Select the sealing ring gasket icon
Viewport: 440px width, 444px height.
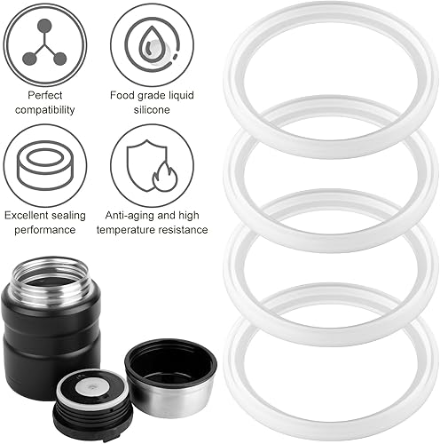(44, 165)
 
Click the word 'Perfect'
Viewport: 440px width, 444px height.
(45, 95)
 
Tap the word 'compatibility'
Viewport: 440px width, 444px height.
(45, 110)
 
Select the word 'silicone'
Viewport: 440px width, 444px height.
(152, 110)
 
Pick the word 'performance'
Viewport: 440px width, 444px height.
(45, 230)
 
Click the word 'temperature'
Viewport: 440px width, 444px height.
(125, 230)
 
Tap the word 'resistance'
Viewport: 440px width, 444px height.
(182, 230)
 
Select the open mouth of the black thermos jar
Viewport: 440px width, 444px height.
(51, 274)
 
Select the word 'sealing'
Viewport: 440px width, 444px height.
(66, 216)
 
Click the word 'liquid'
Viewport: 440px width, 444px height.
(181, 96)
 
